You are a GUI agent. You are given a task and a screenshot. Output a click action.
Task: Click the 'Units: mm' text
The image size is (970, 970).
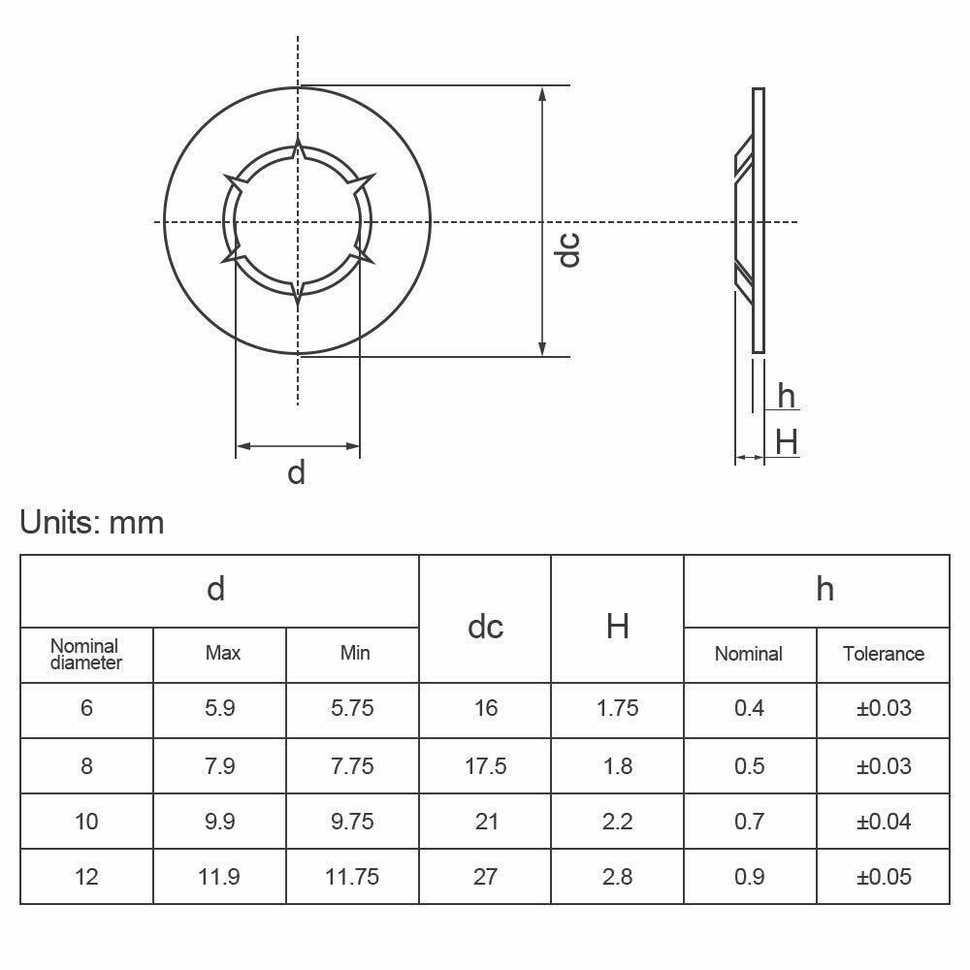[x=92, y=523]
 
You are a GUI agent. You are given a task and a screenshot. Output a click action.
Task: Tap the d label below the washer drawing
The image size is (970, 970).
[x=297, y=472]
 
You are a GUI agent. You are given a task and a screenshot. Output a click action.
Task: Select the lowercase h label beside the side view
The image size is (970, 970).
[x=786, y=397]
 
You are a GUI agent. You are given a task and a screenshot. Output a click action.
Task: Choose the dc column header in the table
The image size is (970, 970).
[x=485, y=627]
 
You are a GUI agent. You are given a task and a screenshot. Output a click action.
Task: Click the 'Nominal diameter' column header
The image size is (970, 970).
[x=86, y=654]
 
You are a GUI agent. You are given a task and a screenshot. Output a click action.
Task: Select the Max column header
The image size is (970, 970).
[x=222, y=653]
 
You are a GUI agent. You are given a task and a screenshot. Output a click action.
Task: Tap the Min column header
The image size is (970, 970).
[x=354, y=653]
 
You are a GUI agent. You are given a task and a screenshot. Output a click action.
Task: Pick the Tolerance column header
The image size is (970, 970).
[x=883, y=654]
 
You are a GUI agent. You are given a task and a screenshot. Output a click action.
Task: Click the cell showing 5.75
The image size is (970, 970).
[x=352, y=708]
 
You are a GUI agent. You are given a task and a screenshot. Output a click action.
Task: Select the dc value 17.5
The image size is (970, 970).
[x=486, y=766]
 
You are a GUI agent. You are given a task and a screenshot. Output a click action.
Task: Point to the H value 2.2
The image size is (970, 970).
[x=617, y=822]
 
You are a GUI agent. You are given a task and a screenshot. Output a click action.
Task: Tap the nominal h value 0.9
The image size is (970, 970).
[x=749, y=877]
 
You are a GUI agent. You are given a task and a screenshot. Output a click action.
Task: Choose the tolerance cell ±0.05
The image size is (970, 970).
[x=884, y=877]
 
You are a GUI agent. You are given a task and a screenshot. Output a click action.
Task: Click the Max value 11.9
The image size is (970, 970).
[x=220, y=877]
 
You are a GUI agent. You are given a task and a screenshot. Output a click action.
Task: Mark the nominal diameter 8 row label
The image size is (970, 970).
[x=86, y=766]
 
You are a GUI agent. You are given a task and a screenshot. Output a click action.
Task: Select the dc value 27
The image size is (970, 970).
[x=486, y=877]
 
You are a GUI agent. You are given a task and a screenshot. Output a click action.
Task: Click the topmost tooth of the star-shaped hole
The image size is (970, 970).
[x=298, y=148]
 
